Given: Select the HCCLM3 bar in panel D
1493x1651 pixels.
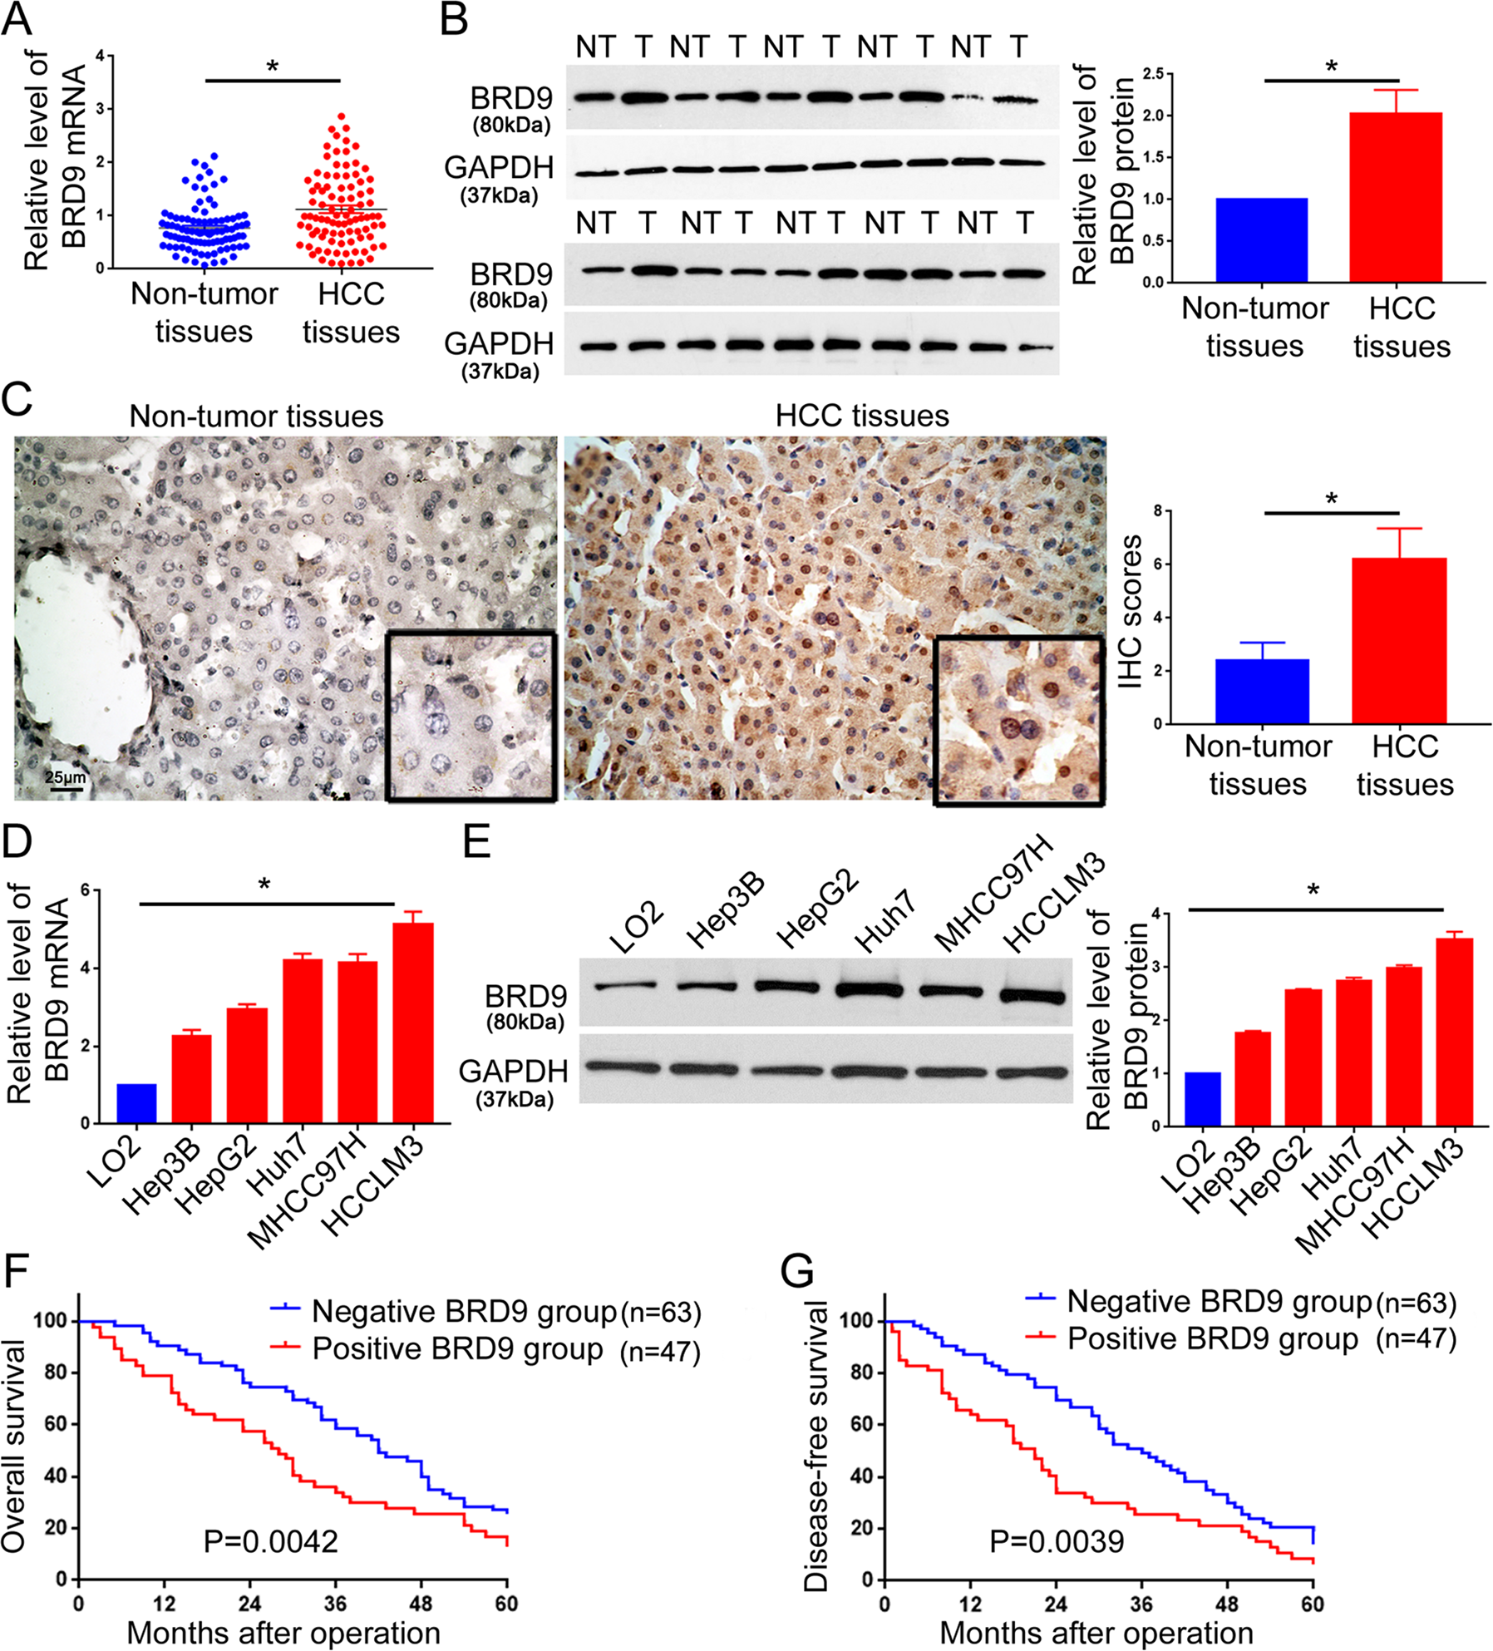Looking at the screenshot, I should pyautogui.click(x=413, y=1023).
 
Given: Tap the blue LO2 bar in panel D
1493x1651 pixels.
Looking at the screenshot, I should pyautogui.click(x=136, y=1103).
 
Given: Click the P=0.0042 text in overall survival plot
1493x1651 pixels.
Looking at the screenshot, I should pyautogui.click(x=271, y=1541).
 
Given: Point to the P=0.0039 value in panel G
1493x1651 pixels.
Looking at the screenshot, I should pyautogui.click(x=1057, y=1541).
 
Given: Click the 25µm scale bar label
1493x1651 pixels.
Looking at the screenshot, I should pyautogui.click(x=65, y=778).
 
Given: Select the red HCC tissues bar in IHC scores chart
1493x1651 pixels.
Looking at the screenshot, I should pyautogui.click(x=1400, y=640).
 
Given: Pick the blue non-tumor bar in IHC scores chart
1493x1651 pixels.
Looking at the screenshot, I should pyautogui.click(x=1262, y=691).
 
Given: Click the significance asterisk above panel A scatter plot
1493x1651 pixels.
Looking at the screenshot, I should pyautogui.click(x=273, y=67).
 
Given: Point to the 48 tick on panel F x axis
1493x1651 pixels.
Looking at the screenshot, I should pyautogui.click(x=421, y=1604).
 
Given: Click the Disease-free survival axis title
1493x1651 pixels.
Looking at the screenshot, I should pyautogui.click(x=817, y=1446).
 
